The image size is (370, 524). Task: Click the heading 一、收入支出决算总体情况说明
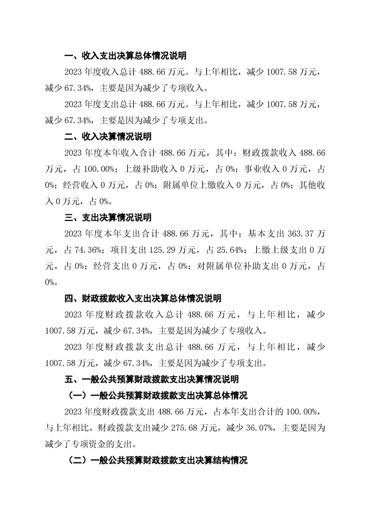(x=125, y=56)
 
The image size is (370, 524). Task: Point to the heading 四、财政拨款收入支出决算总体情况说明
(x=145, y=298)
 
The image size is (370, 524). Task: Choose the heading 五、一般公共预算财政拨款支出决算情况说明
(x=152, y=379)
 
